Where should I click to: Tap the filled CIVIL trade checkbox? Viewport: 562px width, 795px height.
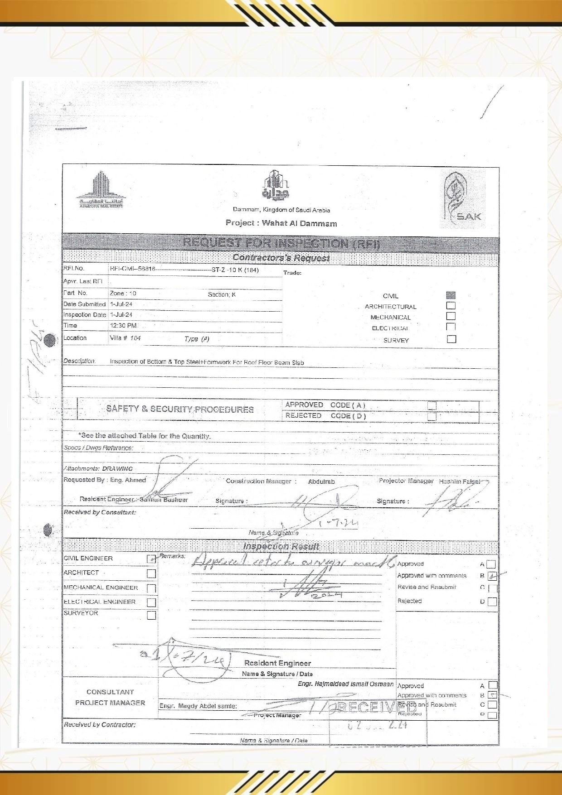tap(451, 295)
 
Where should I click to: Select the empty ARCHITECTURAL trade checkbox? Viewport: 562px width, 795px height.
tap(451, 306)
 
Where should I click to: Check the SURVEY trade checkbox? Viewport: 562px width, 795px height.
tap(451, 339)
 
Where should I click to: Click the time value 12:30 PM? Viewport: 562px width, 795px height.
tap(123, 326)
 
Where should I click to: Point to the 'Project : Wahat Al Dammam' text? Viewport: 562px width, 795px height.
tap(281, 223)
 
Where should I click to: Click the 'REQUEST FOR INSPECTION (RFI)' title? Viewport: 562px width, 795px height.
tap(281, 243)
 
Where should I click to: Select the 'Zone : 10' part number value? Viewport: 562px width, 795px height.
tap(123, 294)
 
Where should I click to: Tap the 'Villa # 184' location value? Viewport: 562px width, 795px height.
tap(125, 338)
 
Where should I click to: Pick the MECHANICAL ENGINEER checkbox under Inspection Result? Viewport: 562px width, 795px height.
tap(151, 588)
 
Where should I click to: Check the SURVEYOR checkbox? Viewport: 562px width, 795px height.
tap(151, 615)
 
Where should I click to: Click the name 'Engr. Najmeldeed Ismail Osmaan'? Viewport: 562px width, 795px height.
tap(345, 684)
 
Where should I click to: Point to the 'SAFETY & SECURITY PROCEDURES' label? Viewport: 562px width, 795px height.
tap(180, 409)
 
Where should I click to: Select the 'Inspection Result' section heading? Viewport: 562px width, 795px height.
tap(281, 546)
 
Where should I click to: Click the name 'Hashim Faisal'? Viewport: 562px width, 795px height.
tap(459, 482)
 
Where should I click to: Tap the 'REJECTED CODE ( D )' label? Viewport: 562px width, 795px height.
tap(325, 416)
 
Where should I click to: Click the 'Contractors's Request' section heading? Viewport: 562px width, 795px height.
tap(281, 258)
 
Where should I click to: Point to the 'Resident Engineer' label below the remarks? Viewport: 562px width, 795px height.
tap(277, 663)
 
